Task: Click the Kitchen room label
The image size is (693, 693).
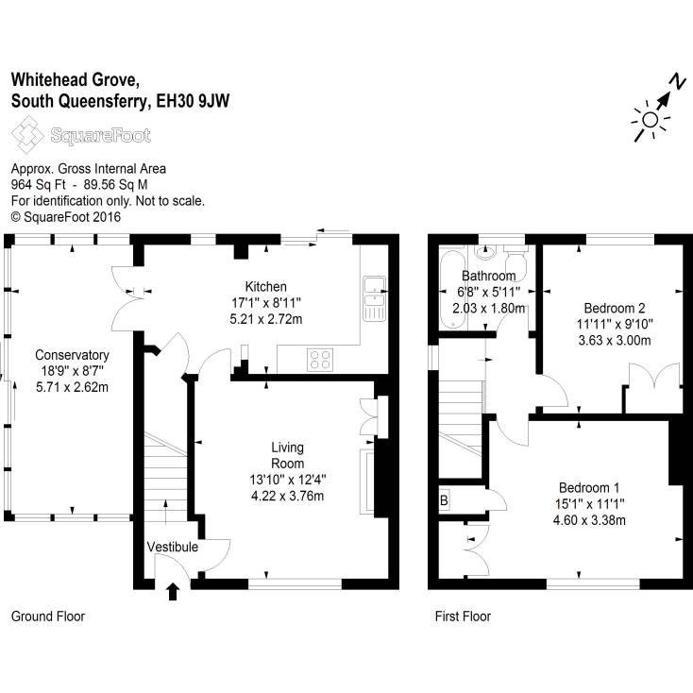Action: pos(266,287)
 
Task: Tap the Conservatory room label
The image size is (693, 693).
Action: pos(72,355)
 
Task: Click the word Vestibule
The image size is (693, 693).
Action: pos(172,547)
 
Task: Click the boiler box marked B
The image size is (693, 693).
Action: pos(444,501)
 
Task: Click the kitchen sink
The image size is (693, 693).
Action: pos(373,295)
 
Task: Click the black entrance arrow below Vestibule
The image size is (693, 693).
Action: pos(173,592)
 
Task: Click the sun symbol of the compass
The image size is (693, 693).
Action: pos(649,119)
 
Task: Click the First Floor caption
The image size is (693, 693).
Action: pos(463,617)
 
